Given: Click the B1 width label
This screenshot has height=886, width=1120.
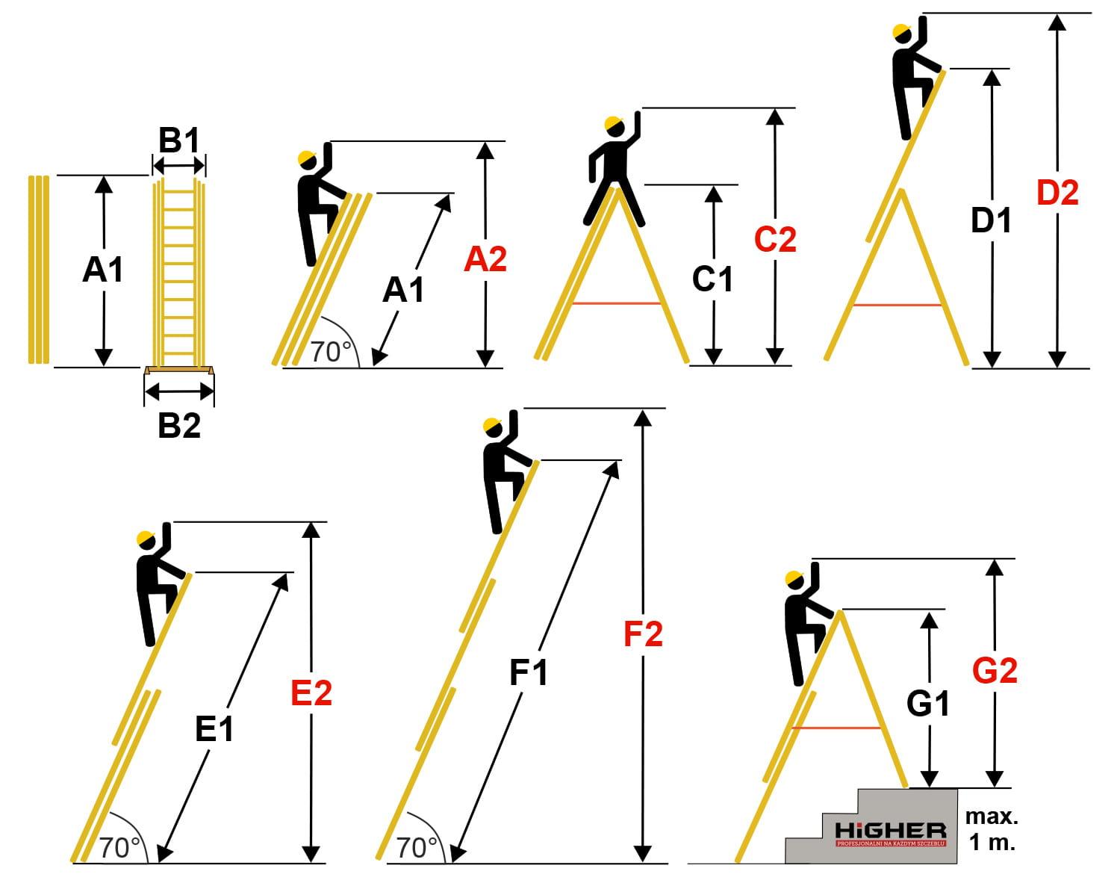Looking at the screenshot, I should (x=179, y=140).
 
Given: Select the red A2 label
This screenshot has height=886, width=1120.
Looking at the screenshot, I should (x=485, y=259).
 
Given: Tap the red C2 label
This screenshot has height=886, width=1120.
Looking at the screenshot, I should (x=775, y=239).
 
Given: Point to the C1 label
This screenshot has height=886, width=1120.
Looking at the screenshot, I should (x=713, y=279).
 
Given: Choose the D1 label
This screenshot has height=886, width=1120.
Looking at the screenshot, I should (x=991, y=220).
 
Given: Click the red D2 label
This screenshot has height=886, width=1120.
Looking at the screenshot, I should (x=1058, y=193).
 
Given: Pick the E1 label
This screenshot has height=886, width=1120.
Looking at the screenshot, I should (x=214, y=729).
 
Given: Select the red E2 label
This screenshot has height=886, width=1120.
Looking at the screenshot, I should (x=311, y=693).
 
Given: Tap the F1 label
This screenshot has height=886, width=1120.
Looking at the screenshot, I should (x=529, y=673).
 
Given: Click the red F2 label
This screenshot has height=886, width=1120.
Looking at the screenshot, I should (x=643, y=634).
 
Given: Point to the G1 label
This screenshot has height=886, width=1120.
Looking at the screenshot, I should (x=928, y=703).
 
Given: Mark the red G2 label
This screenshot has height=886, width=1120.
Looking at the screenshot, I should (x=995, y=671).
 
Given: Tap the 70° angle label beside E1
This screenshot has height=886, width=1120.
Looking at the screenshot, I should (x=119, y=848).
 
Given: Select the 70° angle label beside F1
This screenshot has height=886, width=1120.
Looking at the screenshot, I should (x=417, y=848).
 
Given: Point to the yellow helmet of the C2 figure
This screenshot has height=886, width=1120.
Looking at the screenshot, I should (x=615, y=124).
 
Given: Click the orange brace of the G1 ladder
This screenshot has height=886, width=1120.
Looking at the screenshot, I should (x=836, y=728).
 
